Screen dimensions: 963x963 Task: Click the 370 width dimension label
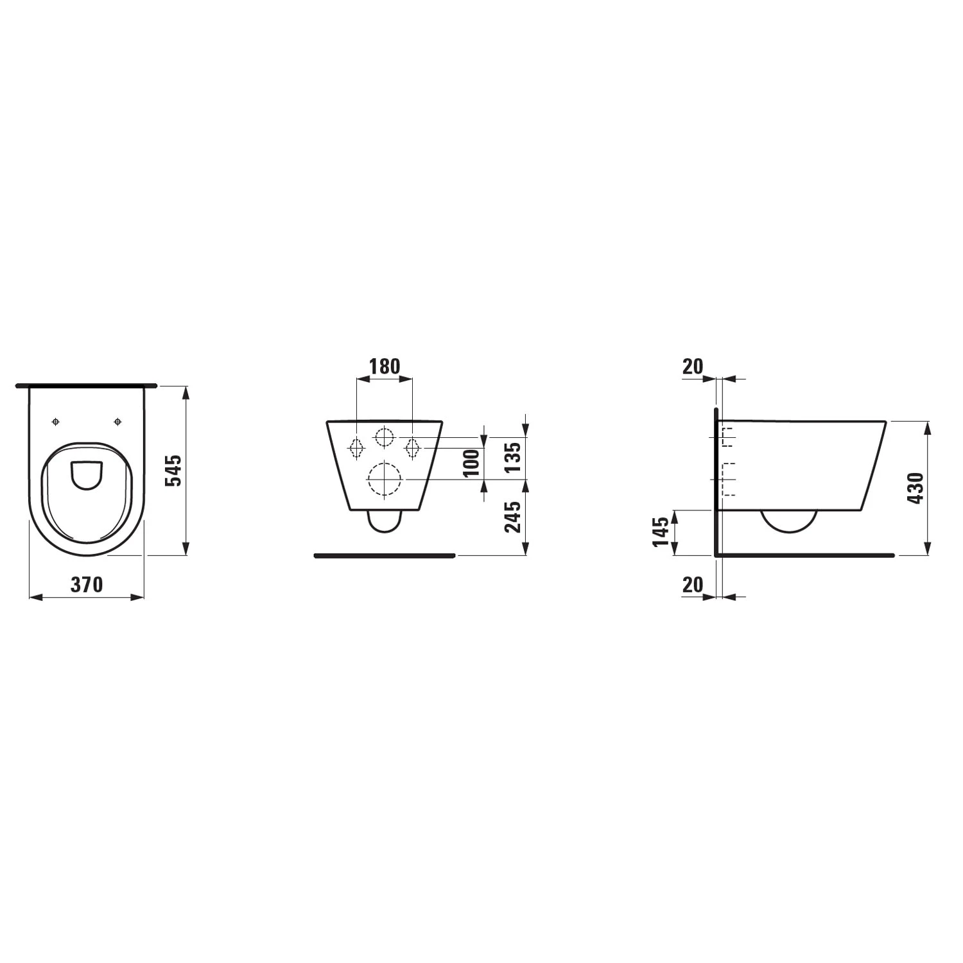87,584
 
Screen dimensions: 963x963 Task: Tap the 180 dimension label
385,366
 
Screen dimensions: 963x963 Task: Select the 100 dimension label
472,463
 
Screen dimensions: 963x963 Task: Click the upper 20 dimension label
693,367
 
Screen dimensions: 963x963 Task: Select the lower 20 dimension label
693,585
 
